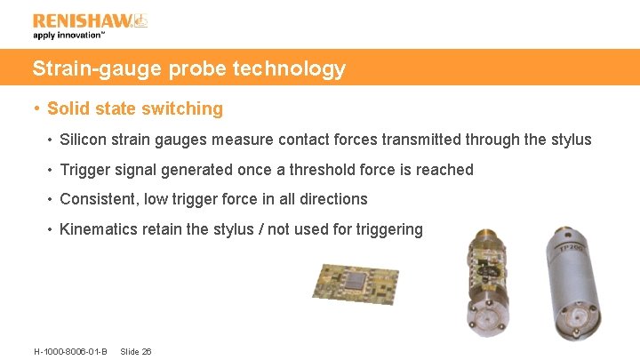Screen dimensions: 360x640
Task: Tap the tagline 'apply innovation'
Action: tap(68, 36)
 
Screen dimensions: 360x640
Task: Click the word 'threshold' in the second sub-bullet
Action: tap(308, 170)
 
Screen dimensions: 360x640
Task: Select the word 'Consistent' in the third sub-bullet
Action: tap(95, 199)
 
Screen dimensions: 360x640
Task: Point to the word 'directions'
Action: tap(333, 199)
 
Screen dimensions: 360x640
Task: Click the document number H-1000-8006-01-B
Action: tap(70, 352)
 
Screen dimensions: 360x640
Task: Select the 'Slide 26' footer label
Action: tap(135, 352)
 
